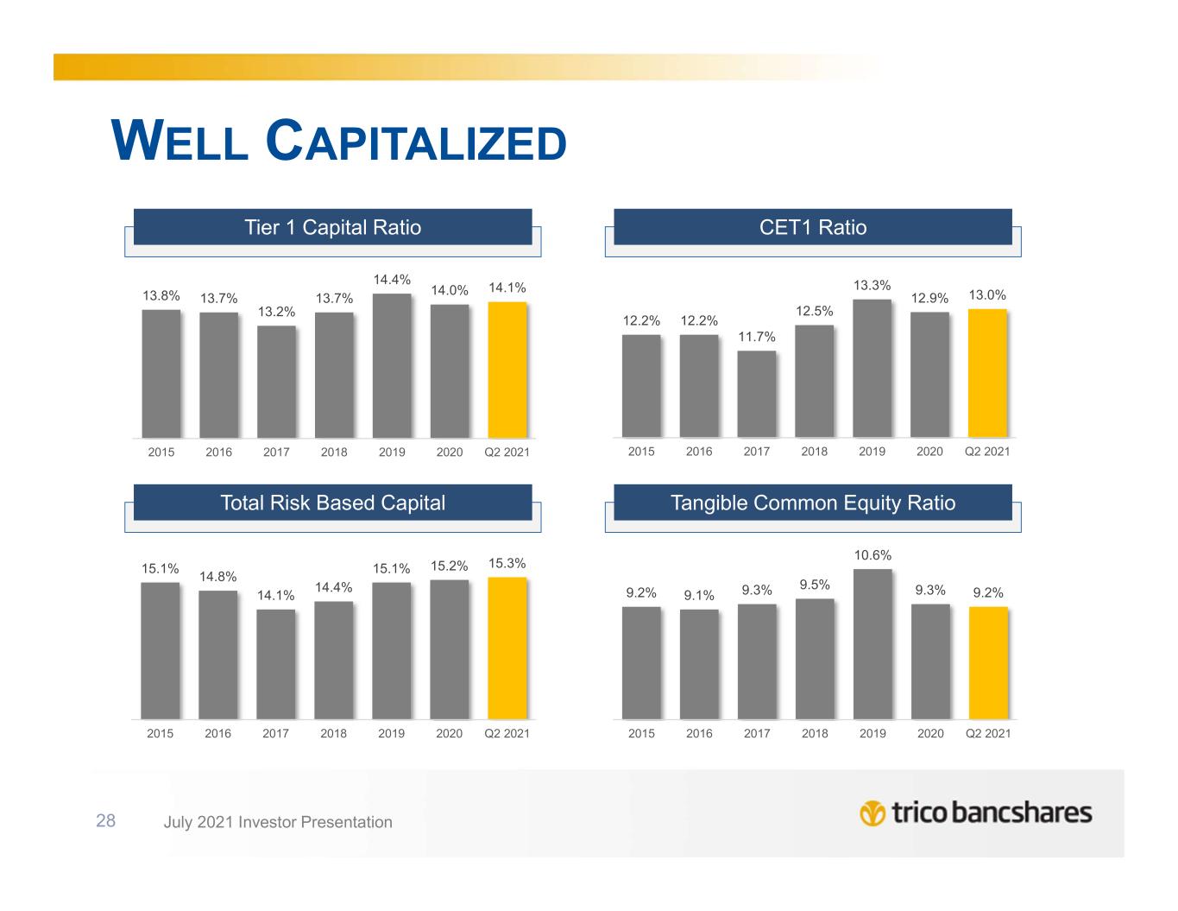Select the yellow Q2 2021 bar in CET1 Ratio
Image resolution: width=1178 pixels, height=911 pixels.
tap(987, 373)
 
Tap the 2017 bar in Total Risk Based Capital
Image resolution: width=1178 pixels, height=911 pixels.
tap(275, 664)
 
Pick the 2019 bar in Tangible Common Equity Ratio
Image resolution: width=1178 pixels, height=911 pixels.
tap(872, 643)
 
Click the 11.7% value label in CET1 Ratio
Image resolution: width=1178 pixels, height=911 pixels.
tap(756, 337)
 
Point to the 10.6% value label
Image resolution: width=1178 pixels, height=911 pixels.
tap(872, 555)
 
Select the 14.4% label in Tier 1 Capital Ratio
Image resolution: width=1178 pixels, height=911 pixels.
tap(392, 280)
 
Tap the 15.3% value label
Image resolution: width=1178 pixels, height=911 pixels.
tap(507, 563)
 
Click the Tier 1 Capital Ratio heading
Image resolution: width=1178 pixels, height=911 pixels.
tap(333, 227)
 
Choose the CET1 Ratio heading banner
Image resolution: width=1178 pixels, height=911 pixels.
tap(812, 227)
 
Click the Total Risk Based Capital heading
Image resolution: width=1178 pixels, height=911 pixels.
tap(333, 503)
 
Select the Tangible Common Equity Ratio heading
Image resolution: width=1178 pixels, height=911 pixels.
tap(812, 503)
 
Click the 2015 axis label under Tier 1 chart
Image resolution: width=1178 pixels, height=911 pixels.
tap(161, 452)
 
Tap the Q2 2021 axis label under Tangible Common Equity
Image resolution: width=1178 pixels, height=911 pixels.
tap(988, 733)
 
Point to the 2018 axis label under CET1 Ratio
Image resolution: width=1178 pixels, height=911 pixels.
tap(814, 451)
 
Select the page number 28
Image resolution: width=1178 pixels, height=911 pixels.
tap(105, 821)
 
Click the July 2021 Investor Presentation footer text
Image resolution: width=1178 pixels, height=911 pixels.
tap(278, 822)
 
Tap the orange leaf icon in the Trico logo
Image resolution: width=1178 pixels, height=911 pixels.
tap(872, 813)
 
